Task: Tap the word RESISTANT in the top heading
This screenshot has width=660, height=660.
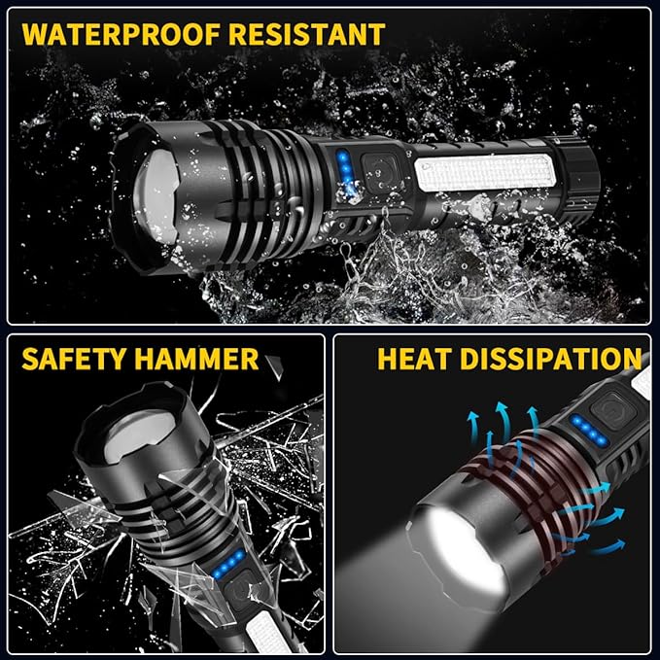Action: click(x=309, y=34)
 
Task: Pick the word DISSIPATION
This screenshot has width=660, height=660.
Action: click(x=552, y=359)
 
